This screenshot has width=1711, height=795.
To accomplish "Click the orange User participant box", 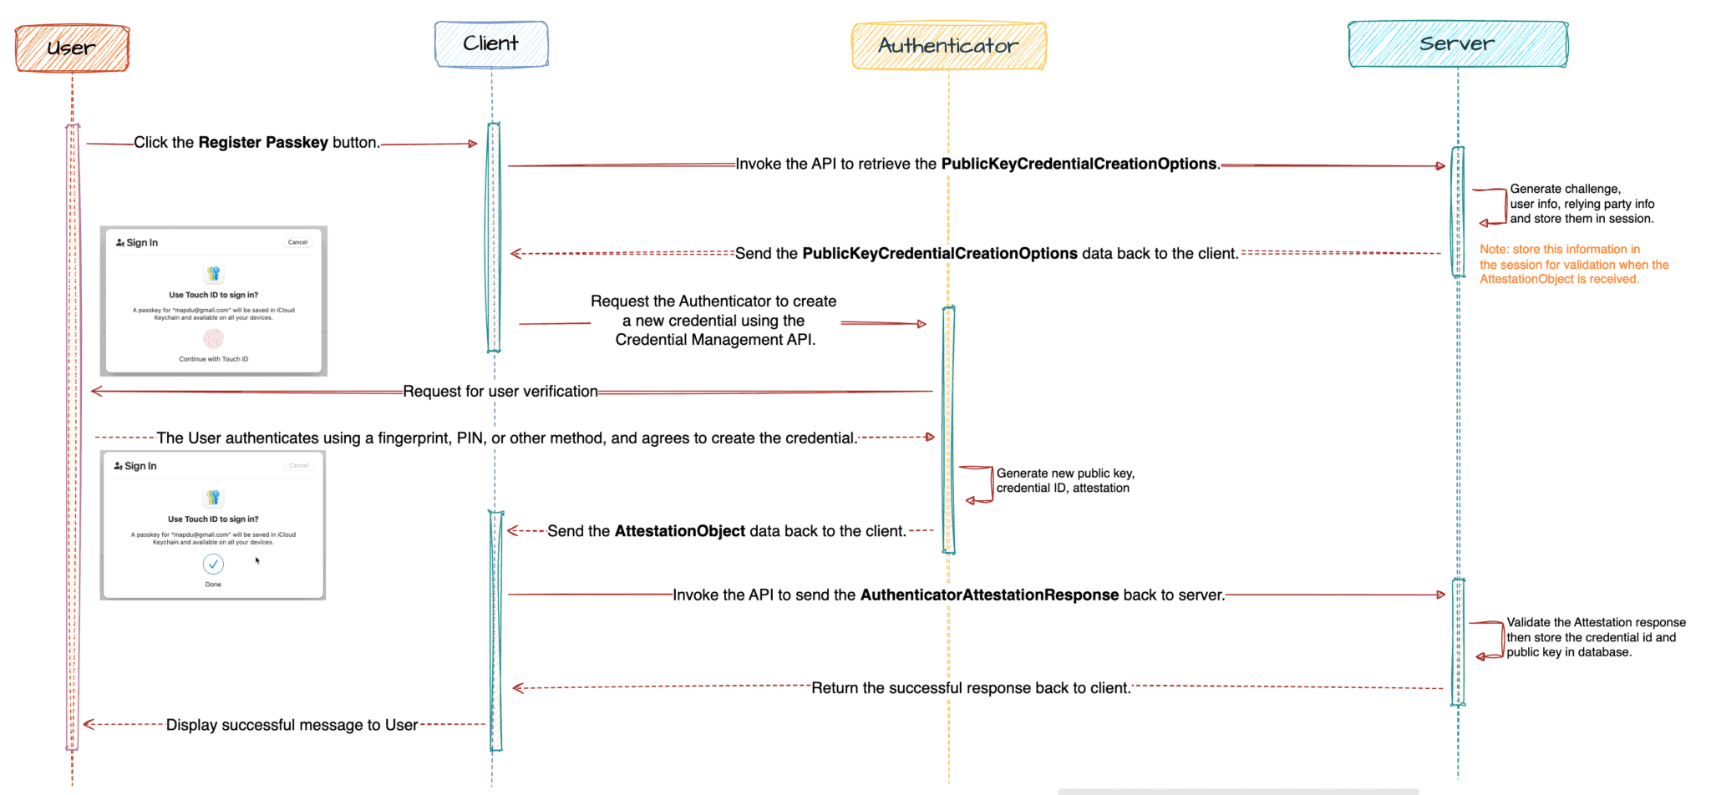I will tap(72, 48).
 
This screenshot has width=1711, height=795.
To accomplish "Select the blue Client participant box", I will tap(491, 44).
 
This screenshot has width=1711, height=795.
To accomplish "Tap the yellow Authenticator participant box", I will tap(948, 46).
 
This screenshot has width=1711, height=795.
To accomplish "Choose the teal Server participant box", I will tap(1457, 44).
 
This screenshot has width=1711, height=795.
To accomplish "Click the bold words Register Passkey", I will tap(263, 143).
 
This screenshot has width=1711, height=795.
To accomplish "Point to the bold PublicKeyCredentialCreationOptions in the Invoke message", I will tap(1079, 165).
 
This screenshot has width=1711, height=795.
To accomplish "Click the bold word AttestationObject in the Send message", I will tap(679, 532).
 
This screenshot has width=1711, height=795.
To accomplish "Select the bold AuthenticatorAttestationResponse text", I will tap(989, 595).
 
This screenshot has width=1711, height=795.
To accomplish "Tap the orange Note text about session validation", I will tap(1573, 265).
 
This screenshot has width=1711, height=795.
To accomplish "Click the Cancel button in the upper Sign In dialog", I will tap(297, 242).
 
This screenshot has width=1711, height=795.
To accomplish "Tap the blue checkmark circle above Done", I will tap(213, 565).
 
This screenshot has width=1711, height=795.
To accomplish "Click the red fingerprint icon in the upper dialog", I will tap(213, 338).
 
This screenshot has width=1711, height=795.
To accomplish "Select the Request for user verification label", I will tap(500, 392).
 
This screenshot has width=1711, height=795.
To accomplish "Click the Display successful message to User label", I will tap(292, 726).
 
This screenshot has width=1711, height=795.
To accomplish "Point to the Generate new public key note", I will tap(1064, 481).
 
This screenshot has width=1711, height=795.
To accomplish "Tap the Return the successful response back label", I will tap(970, 688).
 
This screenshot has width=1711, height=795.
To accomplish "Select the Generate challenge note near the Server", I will tap(1581, 204).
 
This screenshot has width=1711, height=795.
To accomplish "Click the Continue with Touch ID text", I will tap(213, 359).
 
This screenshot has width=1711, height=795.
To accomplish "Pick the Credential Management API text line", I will tap(715, 340).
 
